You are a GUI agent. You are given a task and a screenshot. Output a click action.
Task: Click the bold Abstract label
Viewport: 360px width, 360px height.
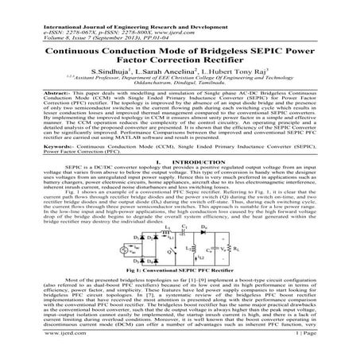pos(31,95)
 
